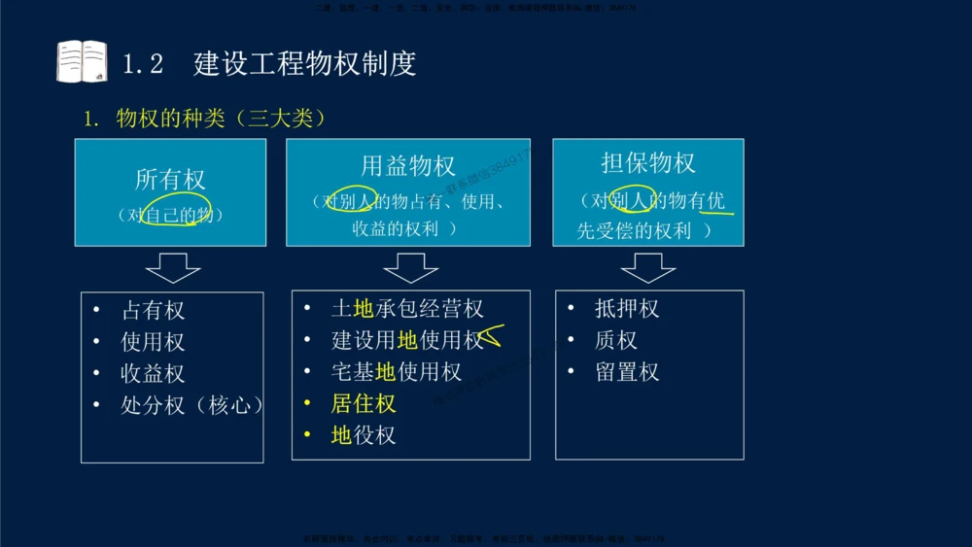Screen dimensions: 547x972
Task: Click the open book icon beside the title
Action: (x=82, y=61)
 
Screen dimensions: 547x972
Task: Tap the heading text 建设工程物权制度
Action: (x=305, y=63)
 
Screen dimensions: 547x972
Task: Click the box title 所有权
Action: (x=171, y=180)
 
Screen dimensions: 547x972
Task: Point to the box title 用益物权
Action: (x=407, y=166)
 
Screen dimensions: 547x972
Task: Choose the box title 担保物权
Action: (x=648, y=162)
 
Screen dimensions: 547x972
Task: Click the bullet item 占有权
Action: (x=153, y=311)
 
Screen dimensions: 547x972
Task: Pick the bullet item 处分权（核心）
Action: (x=191, y=405)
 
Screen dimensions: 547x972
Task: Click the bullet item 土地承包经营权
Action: (x=407, y=309)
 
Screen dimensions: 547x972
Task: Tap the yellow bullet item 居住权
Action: (x=364, y=403)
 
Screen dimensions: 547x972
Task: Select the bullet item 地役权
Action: (x=364, y=435)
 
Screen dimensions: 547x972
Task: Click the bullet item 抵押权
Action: (x=627, y=309)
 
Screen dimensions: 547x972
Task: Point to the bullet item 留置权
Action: (x=627, y=372)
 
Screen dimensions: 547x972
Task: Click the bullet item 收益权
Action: (x=153, y=374)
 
